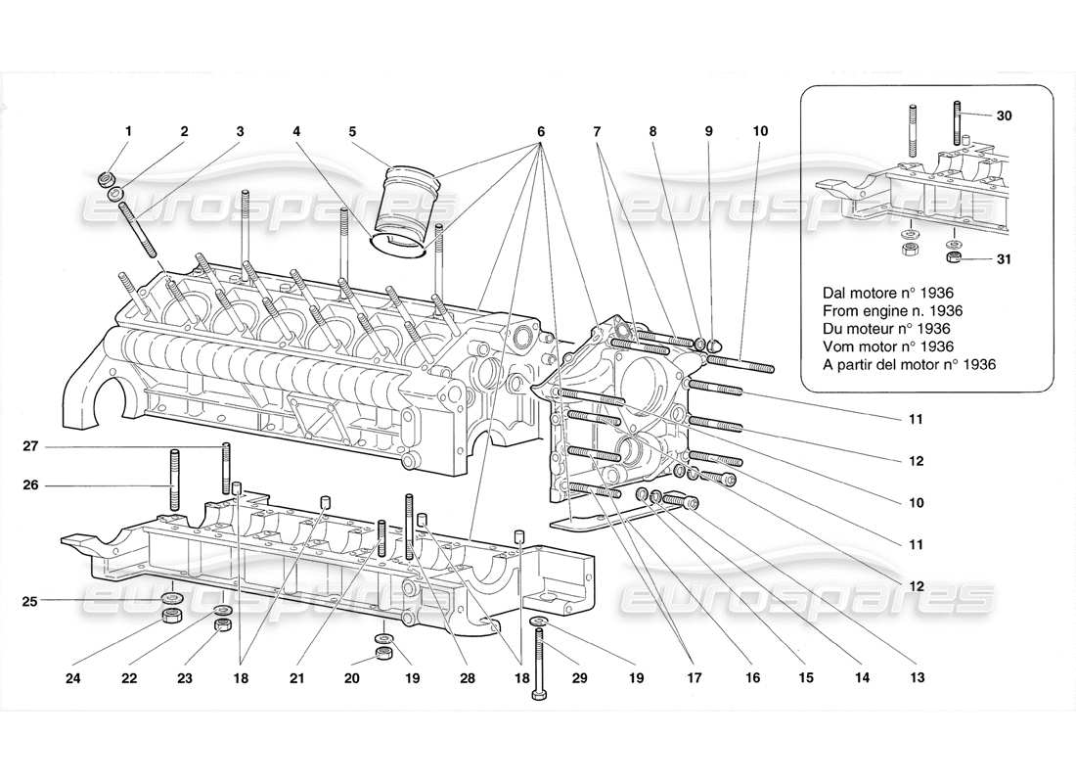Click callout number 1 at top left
[x=126, y=130]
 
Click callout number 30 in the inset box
[x=1006, y=115]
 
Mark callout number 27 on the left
[x=30, y=446]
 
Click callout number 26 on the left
[x=30, y=484]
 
